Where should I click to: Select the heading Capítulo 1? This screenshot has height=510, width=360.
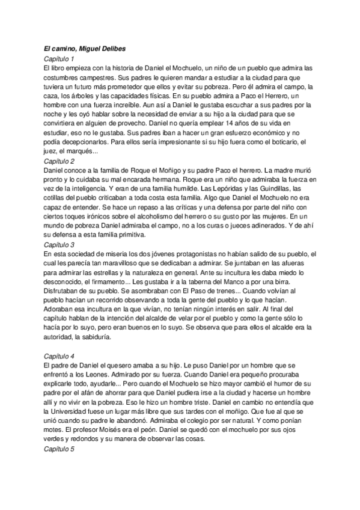click(x=59, y=59)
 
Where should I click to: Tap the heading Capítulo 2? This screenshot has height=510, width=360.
click(x=59, y=161)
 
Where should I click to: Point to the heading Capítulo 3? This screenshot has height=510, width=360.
click(x=59, y=245)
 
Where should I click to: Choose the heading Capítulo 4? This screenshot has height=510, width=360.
click(x=59, y=356)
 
